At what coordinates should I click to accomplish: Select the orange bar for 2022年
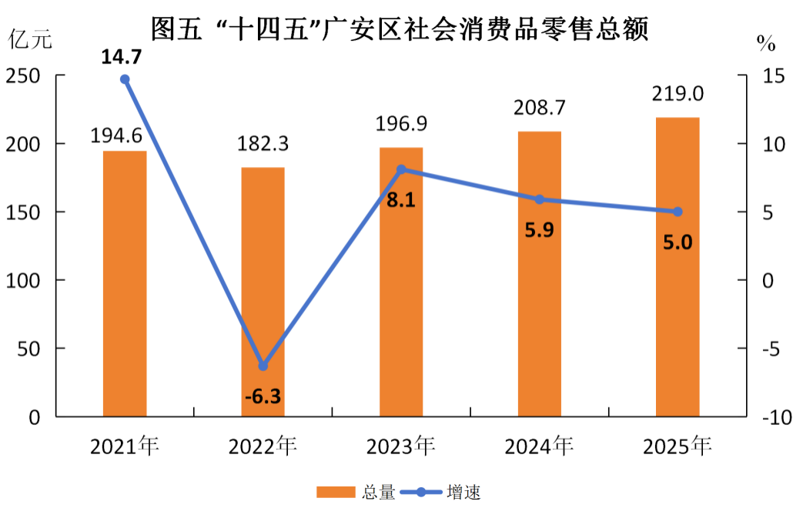tap(263, 292)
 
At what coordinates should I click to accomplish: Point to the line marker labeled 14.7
tap(125, 79)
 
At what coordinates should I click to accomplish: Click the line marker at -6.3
tap(263, 366)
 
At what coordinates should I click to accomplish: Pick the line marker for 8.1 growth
tap(401, 169)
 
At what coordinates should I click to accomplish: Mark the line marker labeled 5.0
tap(678, 212)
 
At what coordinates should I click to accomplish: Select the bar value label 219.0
tap(678, 94)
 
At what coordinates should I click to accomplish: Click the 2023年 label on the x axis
tap(401, 446)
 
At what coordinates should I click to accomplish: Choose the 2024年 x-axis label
tap(539, 446)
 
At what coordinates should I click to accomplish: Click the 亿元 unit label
tap(31, 39)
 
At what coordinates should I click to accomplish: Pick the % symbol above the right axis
tap(766, 43)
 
